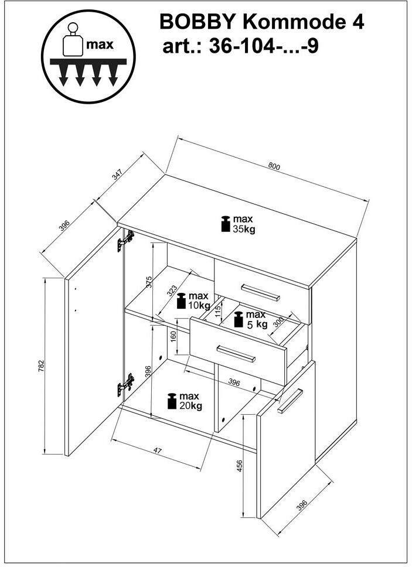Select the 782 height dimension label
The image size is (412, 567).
click(41, 366)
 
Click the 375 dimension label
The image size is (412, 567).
click(149, 282)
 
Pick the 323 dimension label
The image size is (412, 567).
click(172, 291)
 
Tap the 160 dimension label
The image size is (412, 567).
click(173, 336)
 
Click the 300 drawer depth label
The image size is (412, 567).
click(278, 322)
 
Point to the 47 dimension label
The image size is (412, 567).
click(157, 450)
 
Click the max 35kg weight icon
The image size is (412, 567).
click(226, 224)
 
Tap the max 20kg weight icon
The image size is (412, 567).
click(172, 401)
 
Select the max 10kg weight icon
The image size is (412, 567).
click(181, 301)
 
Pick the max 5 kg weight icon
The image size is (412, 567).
click(239, 320)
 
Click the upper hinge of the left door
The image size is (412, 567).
click(125, 241)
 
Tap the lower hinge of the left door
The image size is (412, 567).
click(125, 385)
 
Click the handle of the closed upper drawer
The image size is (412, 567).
click(260, 292)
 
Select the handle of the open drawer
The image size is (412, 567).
click(236, 354)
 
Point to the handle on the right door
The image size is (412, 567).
click(290, 401)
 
